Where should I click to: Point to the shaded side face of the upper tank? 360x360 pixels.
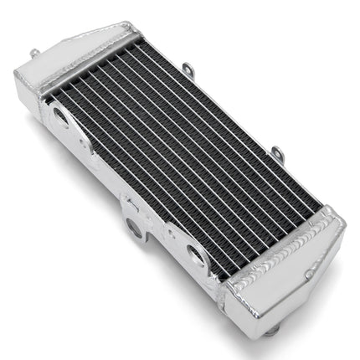point(29,84)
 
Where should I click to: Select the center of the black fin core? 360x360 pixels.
point(180,155)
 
